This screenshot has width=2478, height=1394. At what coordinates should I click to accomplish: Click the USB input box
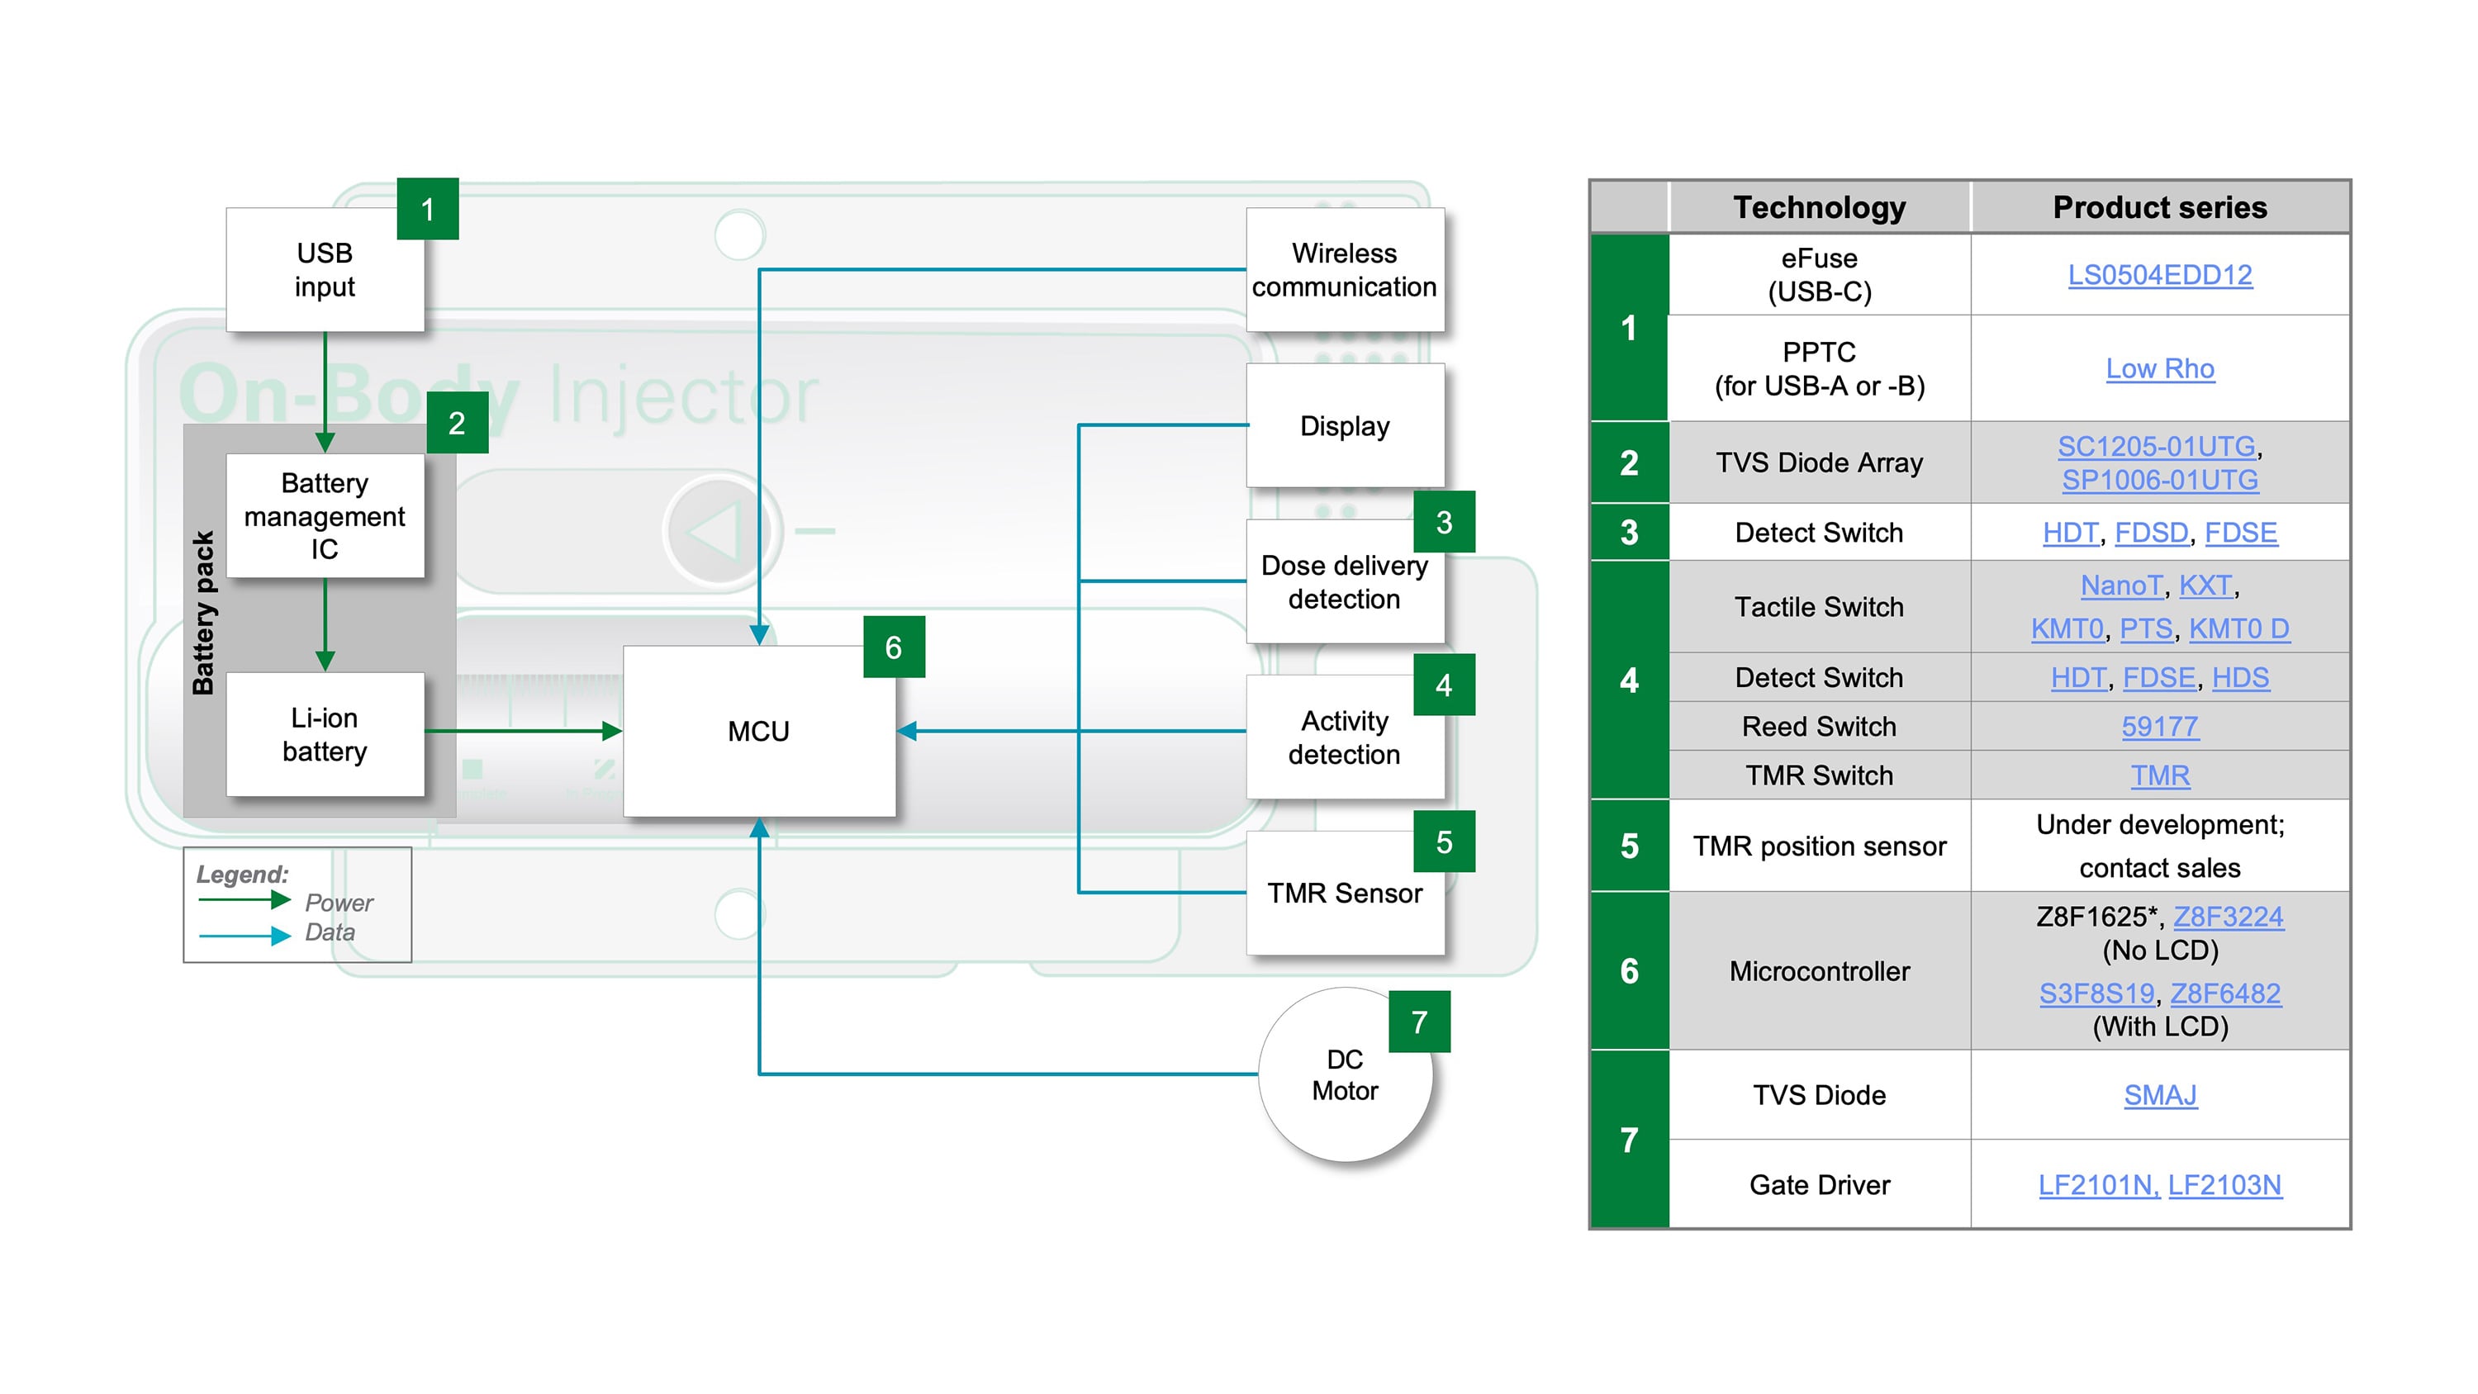tap(324, 270)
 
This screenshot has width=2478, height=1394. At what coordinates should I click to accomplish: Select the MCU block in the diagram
tap(758, 731)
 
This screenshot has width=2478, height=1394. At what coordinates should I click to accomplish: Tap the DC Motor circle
tap(1344, 1075)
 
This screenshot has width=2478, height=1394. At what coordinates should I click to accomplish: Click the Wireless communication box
tap(1344, 270)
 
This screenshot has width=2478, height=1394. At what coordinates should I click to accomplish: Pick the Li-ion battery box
tap(324, 734)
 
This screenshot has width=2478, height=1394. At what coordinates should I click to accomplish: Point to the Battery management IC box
tap(324, 515)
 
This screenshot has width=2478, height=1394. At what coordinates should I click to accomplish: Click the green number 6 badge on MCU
tap(893, 647)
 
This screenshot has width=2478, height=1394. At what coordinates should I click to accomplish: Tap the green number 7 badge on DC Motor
tap(1419, 1022)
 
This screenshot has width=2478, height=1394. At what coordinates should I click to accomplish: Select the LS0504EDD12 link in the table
tap(2160, 275)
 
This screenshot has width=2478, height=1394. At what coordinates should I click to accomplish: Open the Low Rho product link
tap(2160, 368)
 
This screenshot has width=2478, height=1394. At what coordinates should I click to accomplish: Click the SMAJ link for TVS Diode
tap(2160, 1095)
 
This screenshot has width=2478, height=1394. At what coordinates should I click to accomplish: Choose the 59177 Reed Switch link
tap(2160, 727)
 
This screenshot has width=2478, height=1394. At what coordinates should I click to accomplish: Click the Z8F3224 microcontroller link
tap(2227, 917)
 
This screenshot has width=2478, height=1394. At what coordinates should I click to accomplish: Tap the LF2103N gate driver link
tap(2224, 1185)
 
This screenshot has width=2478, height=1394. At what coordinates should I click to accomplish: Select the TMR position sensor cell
tap(1819, 846)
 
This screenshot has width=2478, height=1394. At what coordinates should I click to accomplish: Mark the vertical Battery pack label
tap(203, 613)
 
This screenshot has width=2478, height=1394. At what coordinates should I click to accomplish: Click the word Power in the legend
tap(339, 903)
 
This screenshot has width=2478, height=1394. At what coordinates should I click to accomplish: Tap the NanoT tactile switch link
tap(2120, 586)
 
